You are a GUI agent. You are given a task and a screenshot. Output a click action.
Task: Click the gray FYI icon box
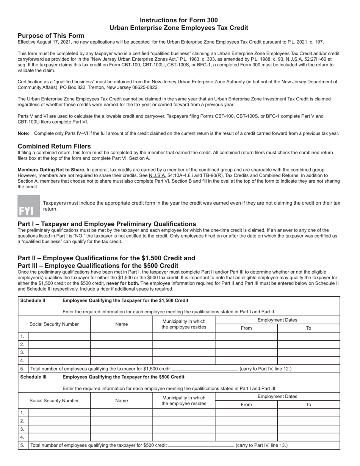click(x=28, y=206)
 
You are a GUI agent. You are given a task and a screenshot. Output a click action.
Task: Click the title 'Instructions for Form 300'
click(x=179, y=20)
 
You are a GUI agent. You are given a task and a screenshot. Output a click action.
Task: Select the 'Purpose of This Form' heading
click(x=51, y=36)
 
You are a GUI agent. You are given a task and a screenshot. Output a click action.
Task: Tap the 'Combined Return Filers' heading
click(x=54, y=146)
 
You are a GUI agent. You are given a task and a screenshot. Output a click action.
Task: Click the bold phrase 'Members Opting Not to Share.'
click(x=52, y=170)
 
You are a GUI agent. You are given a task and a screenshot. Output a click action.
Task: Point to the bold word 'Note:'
click(x=23, y=133)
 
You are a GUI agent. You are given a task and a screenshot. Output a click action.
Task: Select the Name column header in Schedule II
click(x=121, y=324)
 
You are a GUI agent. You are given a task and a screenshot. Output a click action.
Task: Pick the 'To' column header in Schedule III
click(x=308, y=405)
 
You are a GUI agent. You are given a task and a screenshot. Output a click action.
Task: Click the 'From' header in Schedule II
click(x=246, y=328)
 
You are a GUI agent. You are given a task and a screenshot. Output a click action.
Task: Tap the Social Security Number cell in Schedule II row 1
click(x=59, y=336)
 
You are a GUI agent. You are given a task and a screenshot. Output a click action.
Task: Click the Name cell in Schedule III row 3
click(x=121, y=429)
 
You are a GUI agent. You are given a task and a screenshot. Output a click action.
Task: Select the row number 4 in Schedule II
click(x=22, y=360)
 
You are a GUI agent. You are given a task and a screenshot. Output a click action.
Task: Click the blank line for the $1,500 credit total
click(x=205, y=369)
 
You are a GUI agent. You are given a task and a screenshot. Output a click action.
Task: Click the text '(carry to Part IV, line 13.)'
click(x=261, y=445)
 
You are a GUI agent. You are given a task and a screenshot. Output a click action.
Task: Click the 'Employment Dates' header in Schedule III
click(x=277, y=396)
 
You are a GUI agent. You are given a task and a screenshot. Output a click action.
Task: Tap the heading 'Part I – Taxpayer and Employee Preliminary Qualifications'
click(x=107, y=224)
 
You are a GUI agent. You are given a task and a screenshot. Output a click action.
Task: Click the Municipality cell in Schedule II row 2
click(x=184, y=344)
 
